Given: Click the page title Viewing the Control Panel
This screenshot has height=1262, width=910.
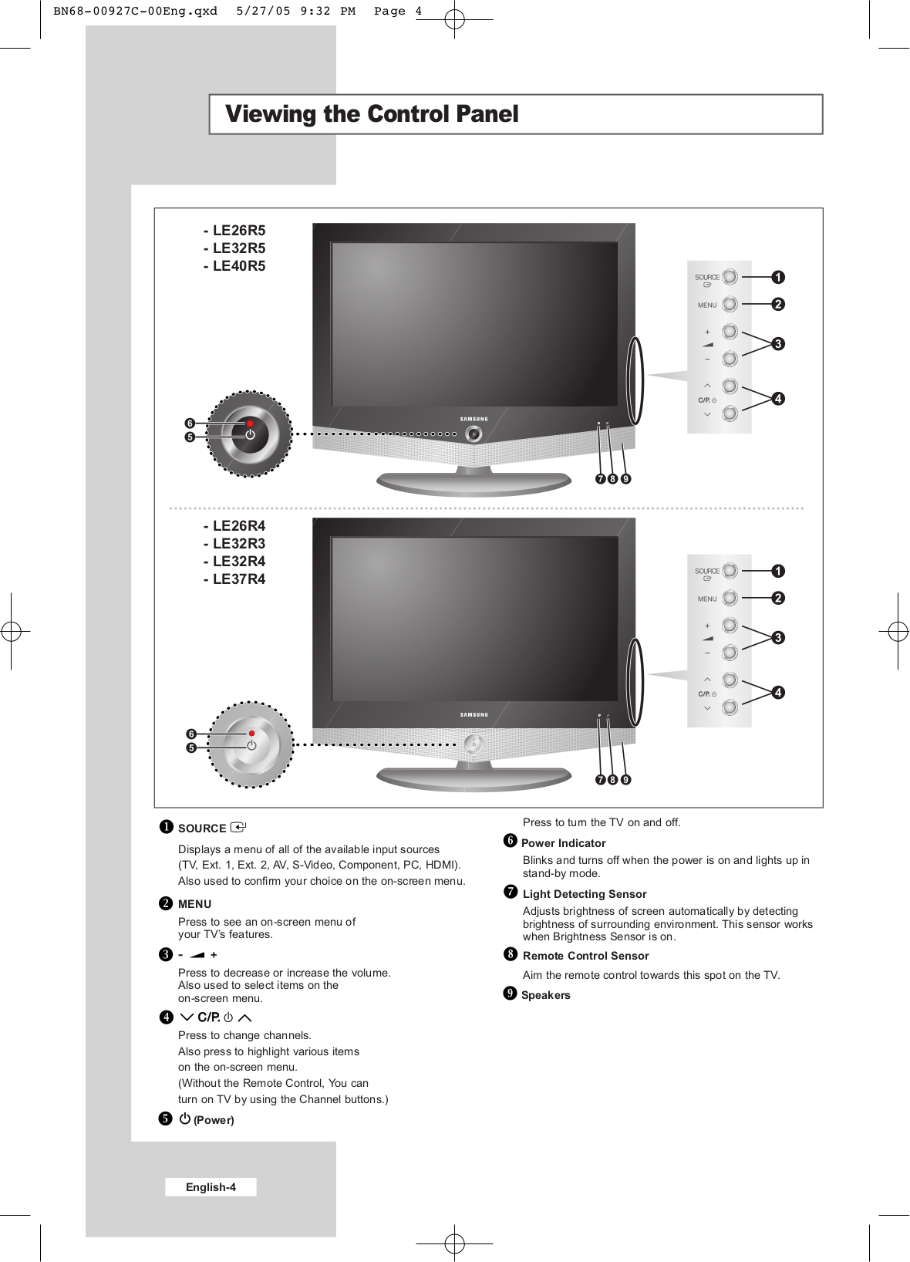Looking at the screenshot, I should (372, 114).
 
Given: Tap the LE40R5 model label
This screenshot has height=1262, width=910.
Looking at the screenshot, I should (238, 266).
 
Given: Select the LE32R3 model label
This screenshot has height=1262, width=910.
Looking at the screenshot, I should (238, 544).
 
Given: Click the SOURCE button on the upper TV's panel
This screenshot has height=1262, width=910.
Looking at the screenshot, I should (730, 277).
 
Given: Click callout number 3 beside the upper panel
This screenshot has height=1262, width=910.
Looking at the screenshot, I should (778, 344).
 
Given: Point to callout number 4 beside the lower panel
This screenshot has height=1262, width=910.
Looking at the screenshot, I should (778, 693).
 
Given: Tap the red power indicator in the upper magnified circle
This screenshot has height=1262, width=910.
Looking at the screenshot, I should (251, 423).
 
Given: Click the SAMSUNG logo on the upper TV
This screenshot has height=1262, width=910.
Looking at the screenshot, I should (474, 419).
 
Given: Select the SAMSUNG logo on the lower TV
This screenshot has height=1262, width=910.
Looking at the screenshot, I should (474, 715).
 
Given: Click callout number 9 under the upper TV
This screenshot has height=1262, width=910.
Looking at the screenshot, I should (626, 479).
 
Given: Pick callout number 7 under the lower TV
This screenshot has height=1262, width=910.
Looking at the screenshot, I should (600, 780).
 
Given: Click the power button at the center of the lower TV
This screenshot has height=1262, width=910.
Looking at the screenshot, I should (474, 744).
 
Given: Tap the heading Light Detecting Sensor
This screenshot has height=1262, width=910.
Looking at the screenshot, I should (585, 894).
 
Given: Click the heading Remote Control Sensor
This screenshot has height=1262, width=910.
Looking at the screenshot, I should (585, 956).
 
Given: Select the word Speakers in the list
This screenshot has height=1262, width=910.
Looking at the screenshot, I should (546, 995).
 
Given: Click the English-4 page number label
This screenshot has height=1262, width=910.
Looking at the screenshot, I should (211, 1187).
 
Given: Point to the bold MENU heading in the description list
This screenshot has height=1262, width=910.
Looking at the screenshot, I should (194, 904).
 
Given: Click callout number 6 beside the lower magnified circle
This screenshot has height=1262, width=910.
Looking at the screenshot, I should (191, 734).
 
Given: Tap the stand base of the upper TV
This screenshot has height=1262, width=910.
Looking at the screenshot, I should (474, 484).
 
